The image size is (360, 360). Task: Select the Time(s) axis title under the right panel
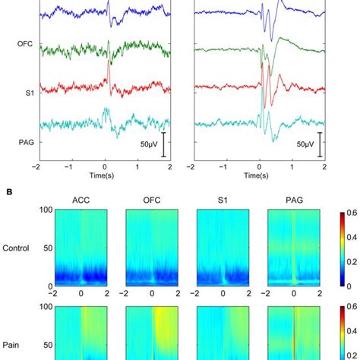(x=259, y=175)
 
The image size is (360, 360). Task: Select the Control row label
(x=17, y=248)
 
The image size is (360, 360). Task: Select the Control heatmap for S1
(x=224, y=248)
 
